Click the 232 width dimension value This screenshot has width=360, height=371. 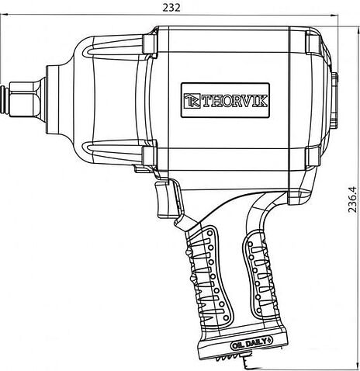pyautogui.click(x=171, y=8)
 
